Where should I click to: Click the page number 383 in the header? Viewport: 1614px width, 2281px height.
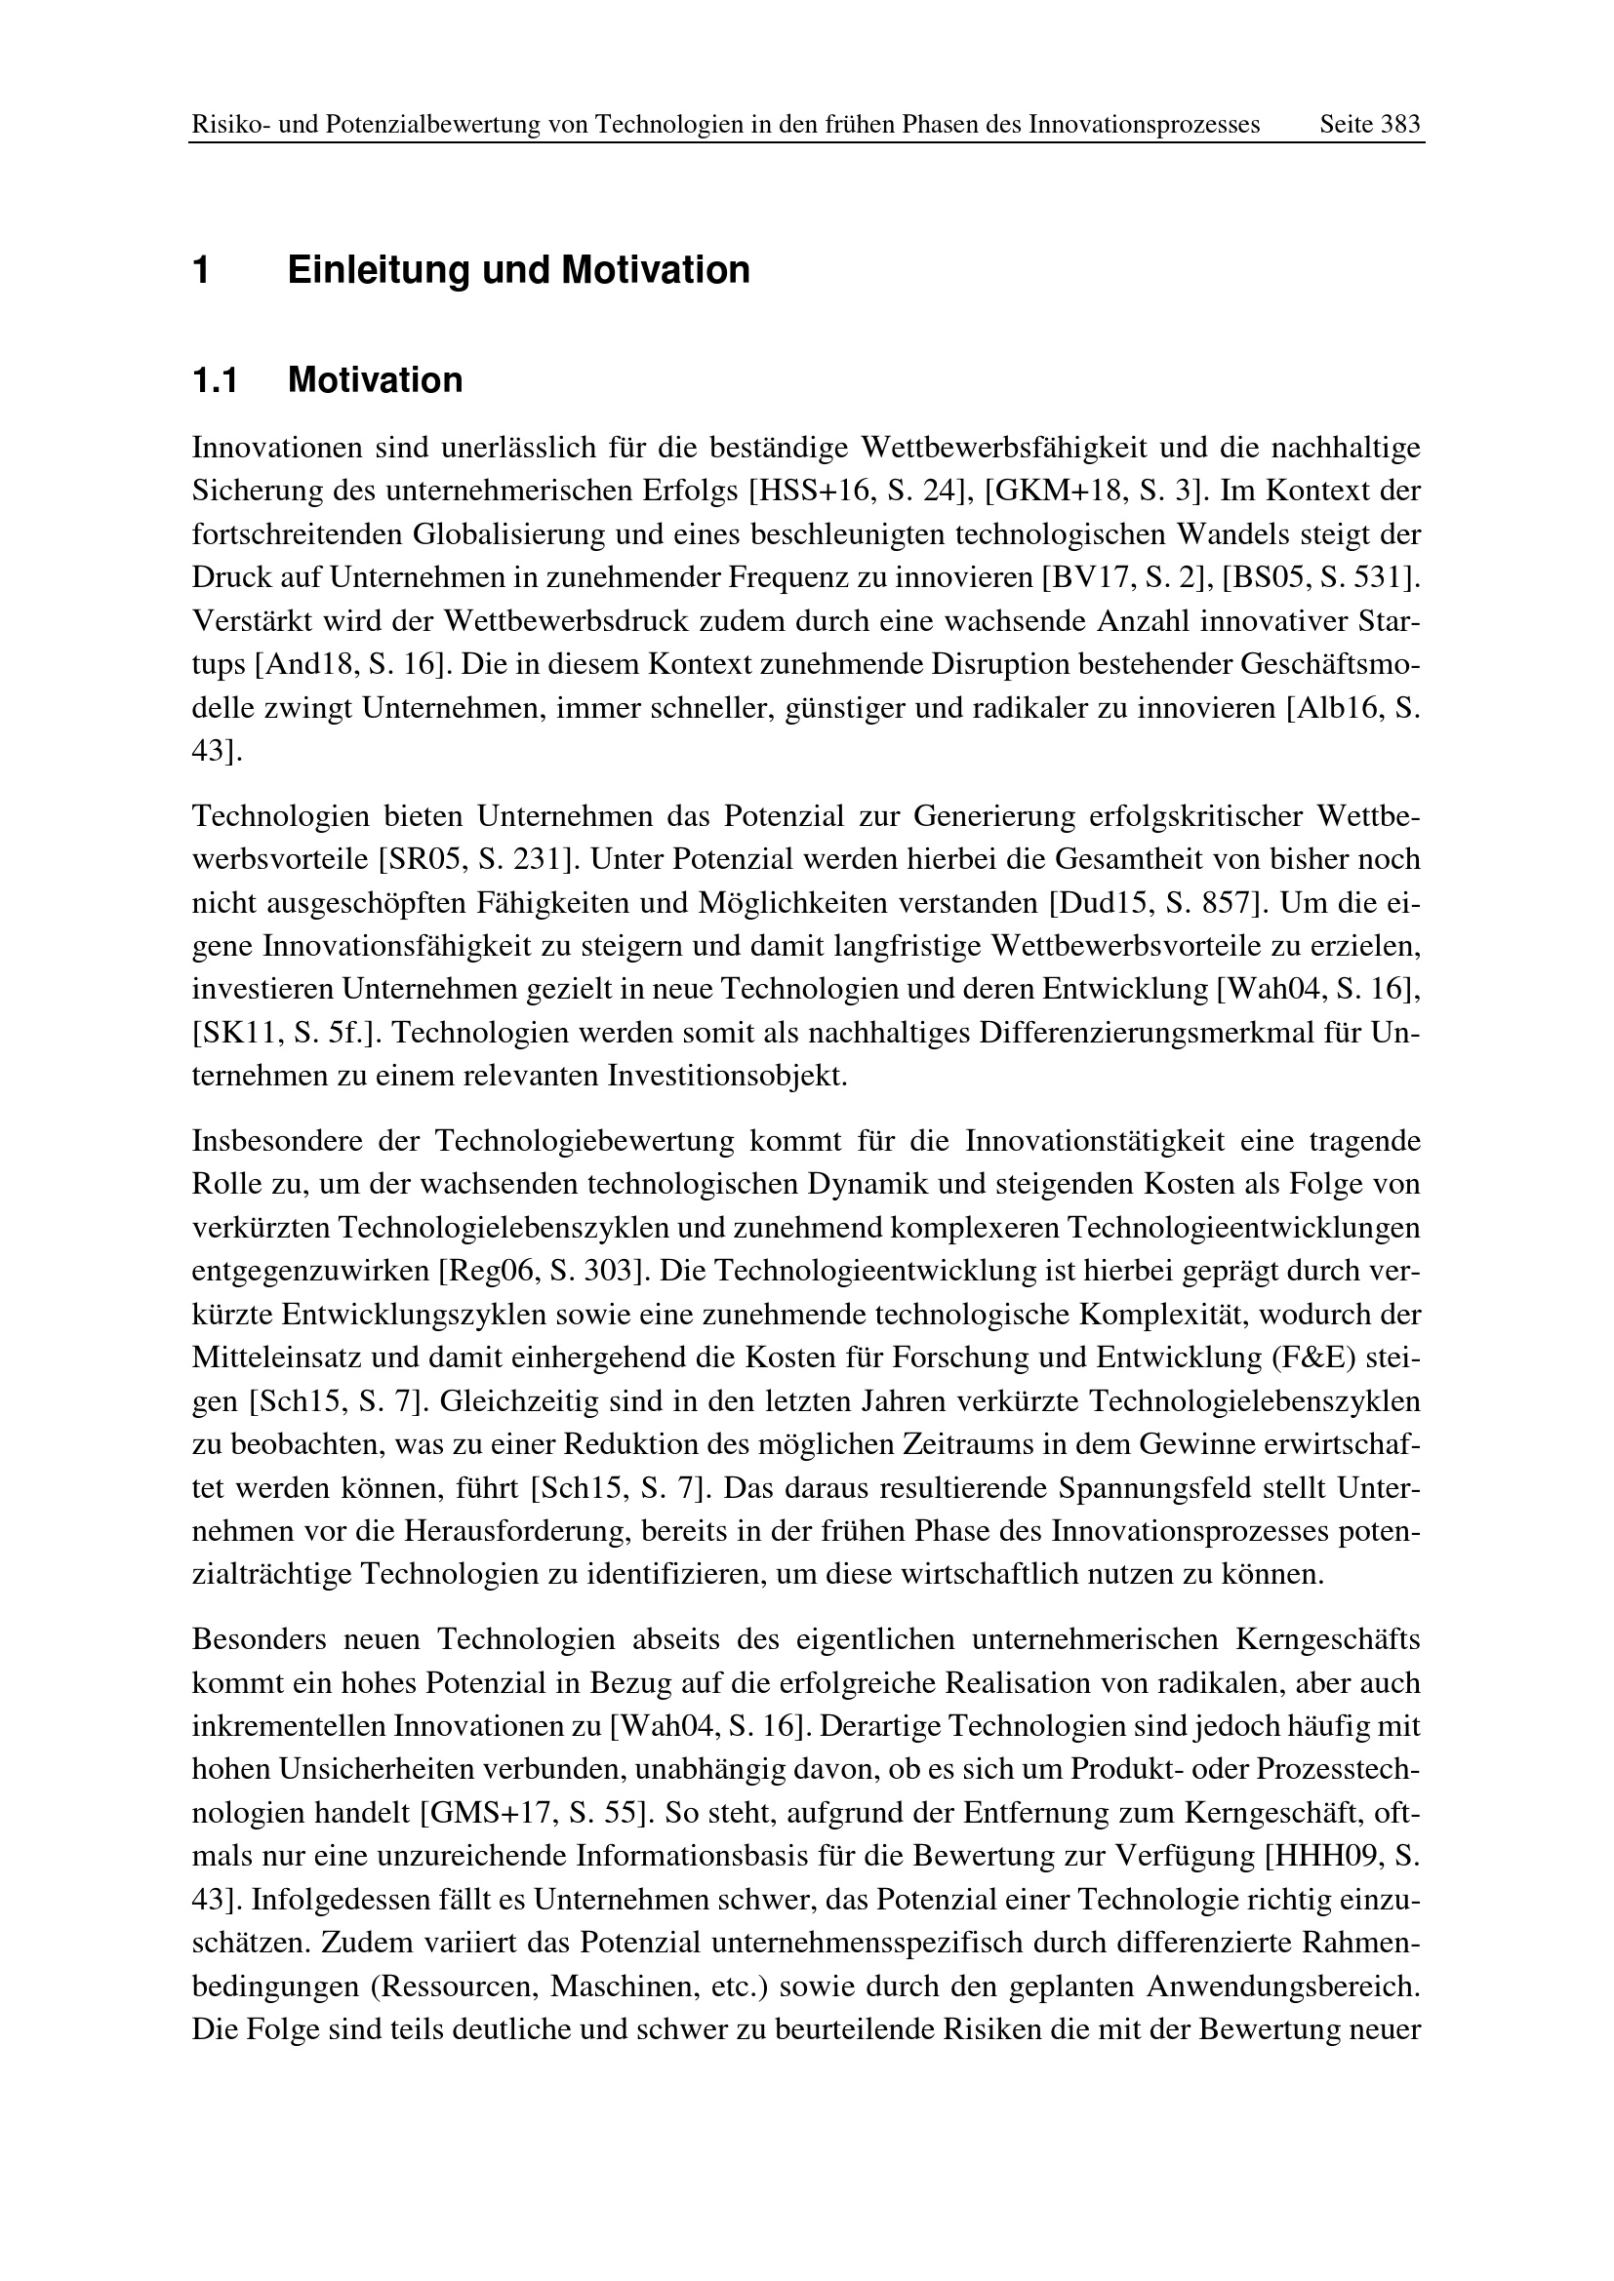[x=1399, y=125]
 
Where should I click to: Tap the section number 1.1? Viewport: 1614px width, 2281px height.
[x=215, y=380]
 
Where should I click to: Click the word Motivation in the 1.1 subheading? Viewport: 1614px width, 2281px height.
[x=375, y=380]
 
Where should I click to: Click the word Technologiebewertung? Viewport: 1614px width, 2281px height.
[x=585, y=1142]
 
